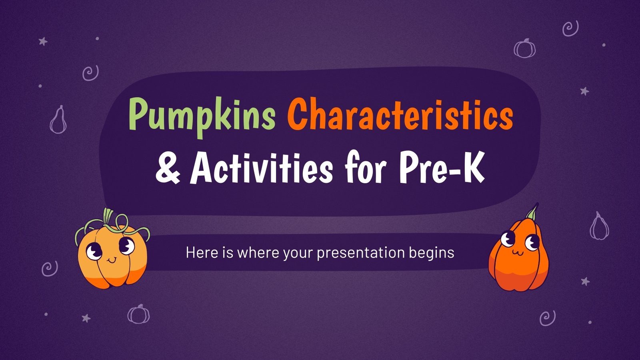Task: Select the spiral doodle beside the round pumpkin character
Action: coord(50,268)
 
